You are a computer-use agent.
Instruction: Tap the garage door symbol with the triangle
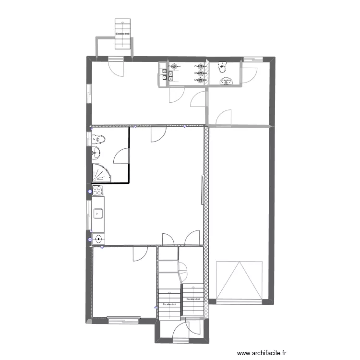point(240,281)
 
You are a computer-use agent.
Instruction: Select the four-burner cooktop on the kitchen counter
point(97,191)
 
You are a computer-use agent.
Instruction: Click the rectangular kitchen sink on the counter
point(97,212)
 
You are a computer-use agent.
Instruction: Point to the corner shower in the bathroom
point(99,173)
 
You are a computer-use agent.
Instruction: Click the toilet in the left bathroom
point(99,140)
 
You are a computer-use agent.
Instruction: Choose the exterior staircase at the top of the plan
point(123,34)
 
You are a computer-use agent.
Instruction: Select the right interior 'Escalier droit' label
point(193,299)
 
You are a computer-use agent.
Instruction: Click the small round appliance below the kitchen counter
point(98,239)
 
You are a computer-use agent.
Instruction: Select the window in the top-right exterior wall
point(252,60)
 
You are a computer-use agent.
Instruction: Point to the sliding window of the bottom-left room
point(123,317)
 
